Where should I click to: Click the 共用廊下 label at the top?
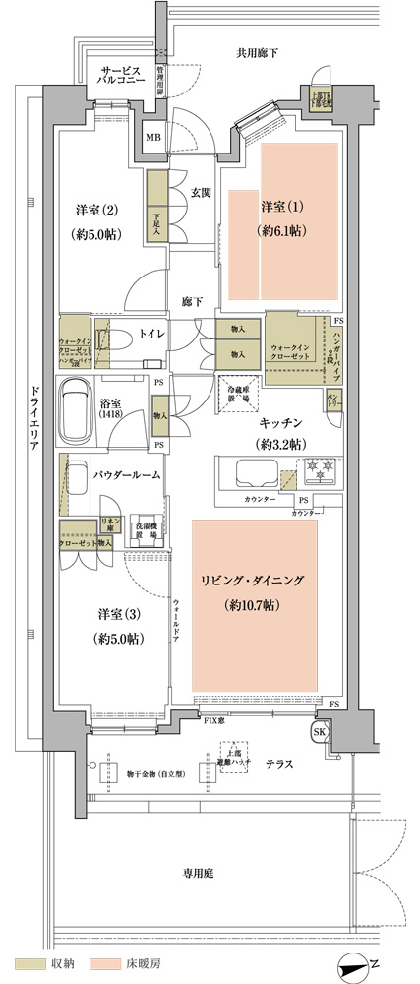pos(258,52)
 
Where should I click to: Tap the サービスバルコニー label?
pos(124,78)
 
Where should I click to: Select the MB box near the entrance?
pos(153,137)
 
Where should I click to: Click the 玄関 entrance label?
pos(200,193)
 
